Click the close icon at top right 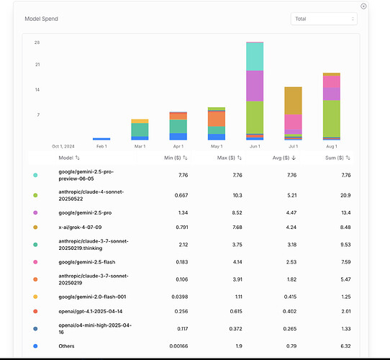pyautogui.click(x=363, y=6)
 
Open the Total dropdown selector pyautogui.click(x=324, y=19)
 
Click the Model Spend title pyautogui.click(x=41, y=19)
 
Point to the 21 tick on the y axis pyautogui.click(x=37, y=65)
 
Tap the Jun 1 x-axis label pyautogui.click(x=255, y=146)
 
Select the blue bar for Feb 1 pyautogui.click(x=101, y=139)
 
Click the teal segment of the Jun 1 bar pyautogui.click(x=255, y=57)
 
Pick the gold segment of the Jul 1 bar pyautogui.click(x=294, y=101)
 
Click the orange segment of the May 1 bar pyautogui.click(x=217, y=119)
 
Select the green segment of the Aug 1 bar pyautogui.click(x=332, y=119)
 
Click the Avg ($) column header pyautogui.click(x=284, y=158)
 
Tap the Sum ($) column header pyautogui.click(x=337, y=158)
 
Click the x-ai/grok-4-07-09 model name pyautogui.click(x=80, y=228)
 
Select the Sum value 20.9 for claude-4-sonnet pyautogui.click(x=345, y=195)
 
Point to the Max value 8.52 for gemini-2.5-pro pyautogui.click(x=237, y=213)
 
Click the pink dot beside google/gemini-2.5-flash pyautogui.click(x=35, y=262)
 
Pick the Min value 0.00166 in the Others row pyautogui.click(x=178, y=346)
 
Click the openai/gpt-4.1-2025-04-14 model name pyautogui.click(x=90, y=312)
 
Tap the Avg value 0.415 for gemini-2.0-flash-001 pyautogui.click(x=290, y=297)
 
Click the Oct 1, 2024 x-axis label pyautogui.click(x=63, y=146)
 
